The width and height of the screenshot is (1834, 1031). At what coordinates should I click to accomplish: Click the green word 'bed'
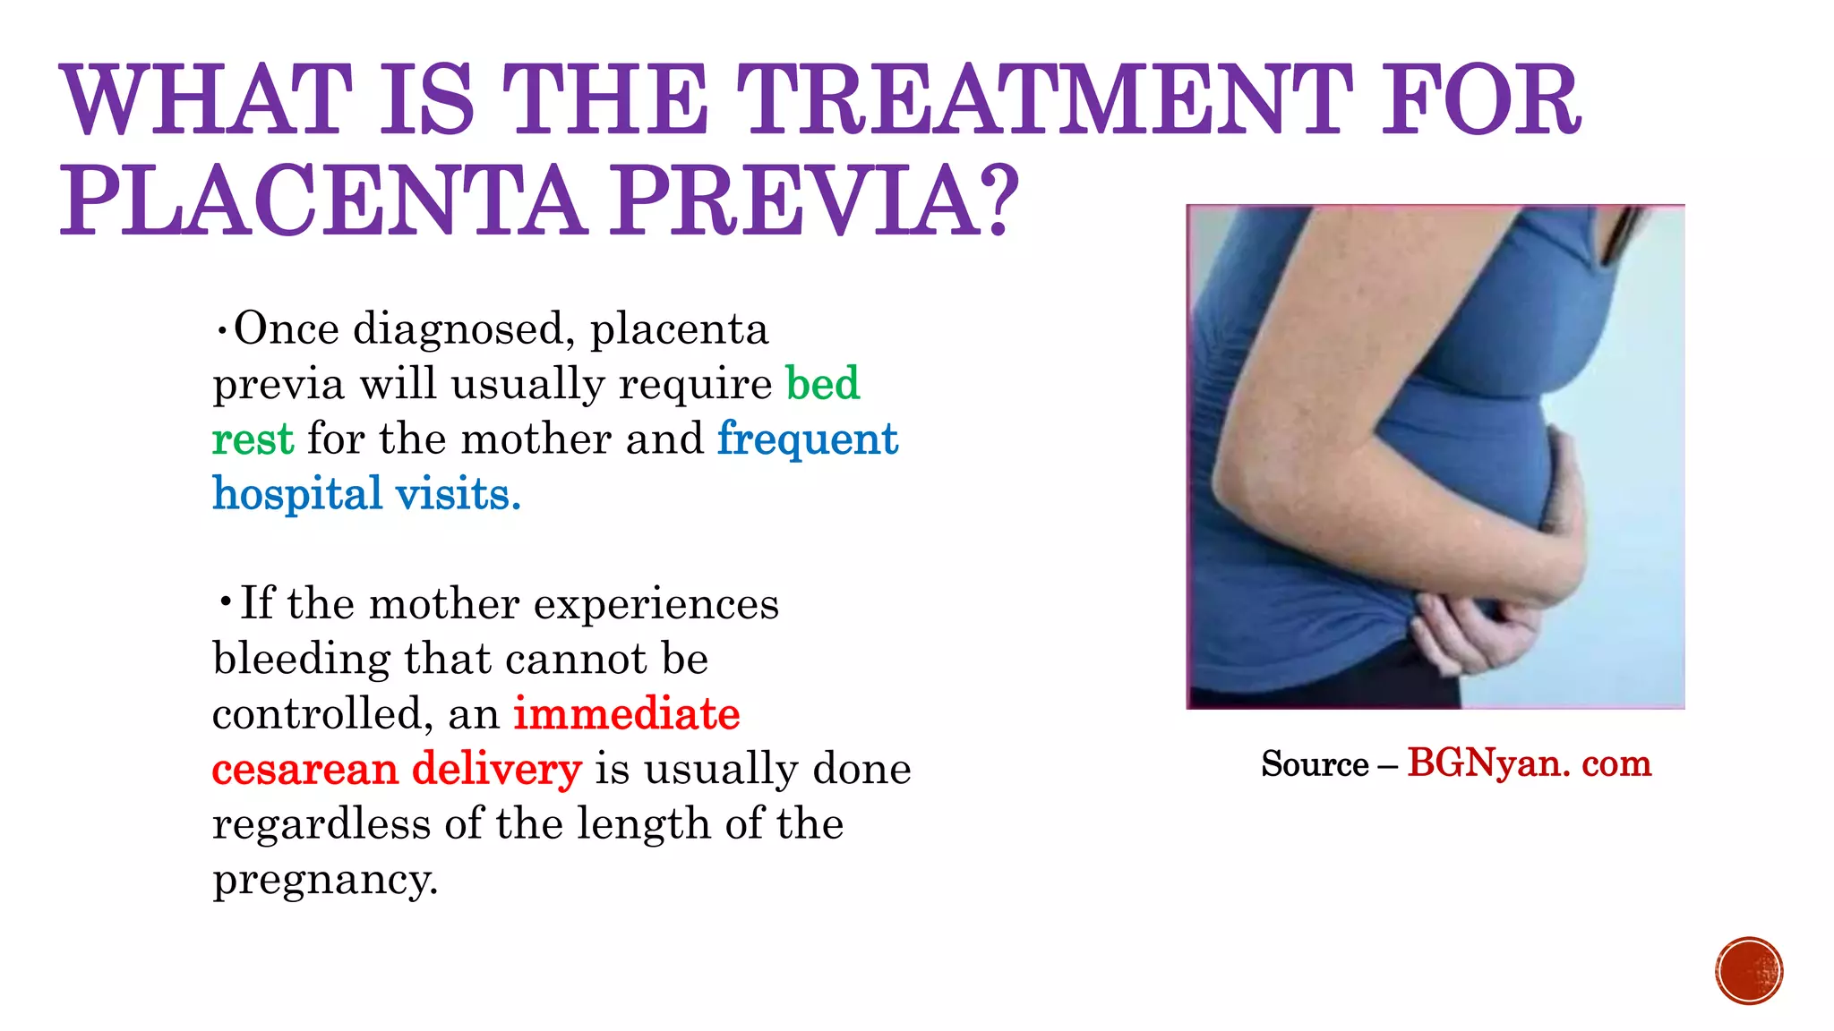(822, 383)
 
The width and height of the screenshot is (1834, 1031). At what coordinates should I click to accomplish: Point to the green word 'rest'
(253, 439)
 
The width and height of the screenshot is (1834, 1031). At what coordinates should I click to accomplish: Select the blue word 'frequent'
(807, 439)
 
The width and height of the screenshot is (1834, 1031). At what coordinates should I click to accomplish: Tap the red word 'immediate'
(626, 714)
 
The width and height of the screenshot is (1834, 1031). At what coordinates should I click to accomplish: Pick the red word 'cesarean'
(304, 769)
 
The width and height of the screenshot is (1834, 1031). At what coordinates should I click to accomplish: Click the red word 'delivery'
(496, 769)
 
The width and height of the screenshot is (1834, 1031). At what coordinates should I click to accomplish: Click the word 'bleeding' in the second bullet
(301, 659)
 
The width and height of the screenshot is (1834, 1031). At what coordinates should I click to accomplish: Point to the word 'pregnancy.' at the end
(325, 879)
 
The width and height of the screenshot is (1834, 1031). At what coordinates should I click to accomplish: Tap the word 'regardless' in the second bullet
(321, 823)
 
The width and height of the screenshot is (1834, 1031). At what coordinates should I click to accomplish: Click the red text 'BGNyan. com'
(1529, 763)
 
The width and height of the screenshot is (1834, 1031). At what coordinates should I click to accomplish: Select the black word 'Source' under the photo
(1315, 764)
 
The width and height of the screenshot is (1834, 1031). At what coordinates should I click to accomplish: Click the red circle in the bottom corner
(1749, 971)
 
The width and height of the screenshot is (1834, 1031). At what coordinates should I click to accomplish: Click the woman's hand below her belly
(1469, 635)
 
